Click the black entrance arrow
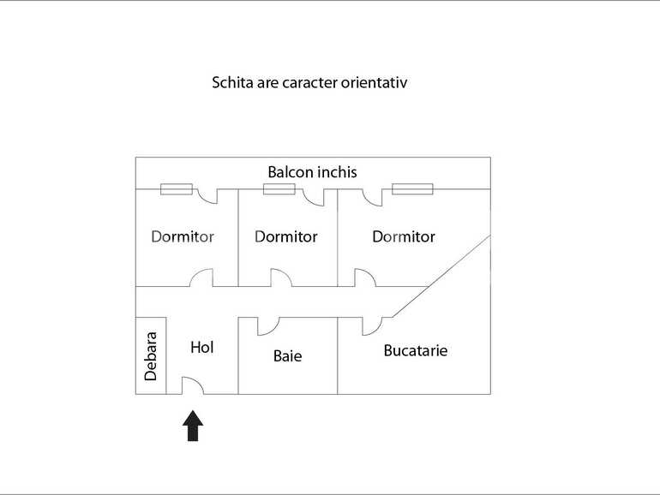click(x=193, y=426)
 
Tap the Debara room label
click(x=151, y=355)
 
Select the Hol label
click(x=201, y=347)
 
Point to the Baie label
click(x=287, y=355)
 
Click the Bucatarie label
click(x=415, y=350)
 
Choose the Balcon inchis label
click(x=312, y=172)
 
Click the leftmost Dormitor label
click(x=183, y=236)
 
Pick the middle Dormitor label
click(x=285, y=236)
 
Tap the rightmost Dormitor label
click(x=403, y=236)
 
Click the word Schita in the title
click(x=231, y=83)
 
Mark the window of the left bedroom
click(x=176, y=189)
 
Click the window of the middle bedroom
click(x=279, y=189)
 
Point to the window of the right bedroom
click(x=412, y=189)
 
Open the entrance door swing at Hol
click(x=191, y=385)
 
